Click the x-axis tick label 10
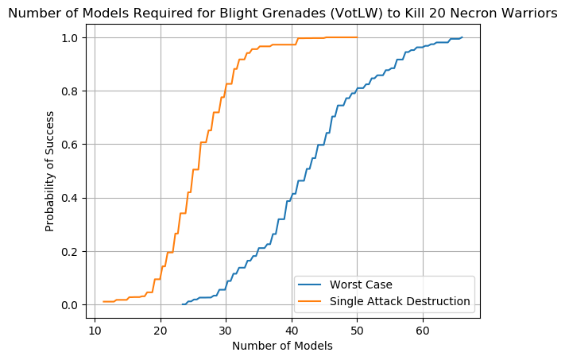(95, 330)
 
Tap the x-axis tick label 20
(161, 330)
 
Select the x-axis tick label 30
(226, 330)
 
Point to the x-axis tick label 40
(292, 330)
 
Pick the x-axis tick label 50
(357, 330)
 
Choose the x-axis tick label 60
(423, 330)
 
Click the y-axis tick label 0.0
(70, 305)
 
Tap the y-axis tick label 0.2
(70, 252)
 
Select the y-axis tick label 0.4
(70, 198)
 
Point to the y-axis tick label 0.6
(70, 145)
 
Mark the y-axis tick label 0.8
(70, 91)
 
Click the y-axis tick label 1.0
(70, 38)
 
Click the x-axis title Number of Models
(282, 346)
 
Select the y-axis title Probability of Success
(50, 172)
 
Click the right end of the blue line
(462, 37)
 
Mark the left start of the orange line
(103, 301)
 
